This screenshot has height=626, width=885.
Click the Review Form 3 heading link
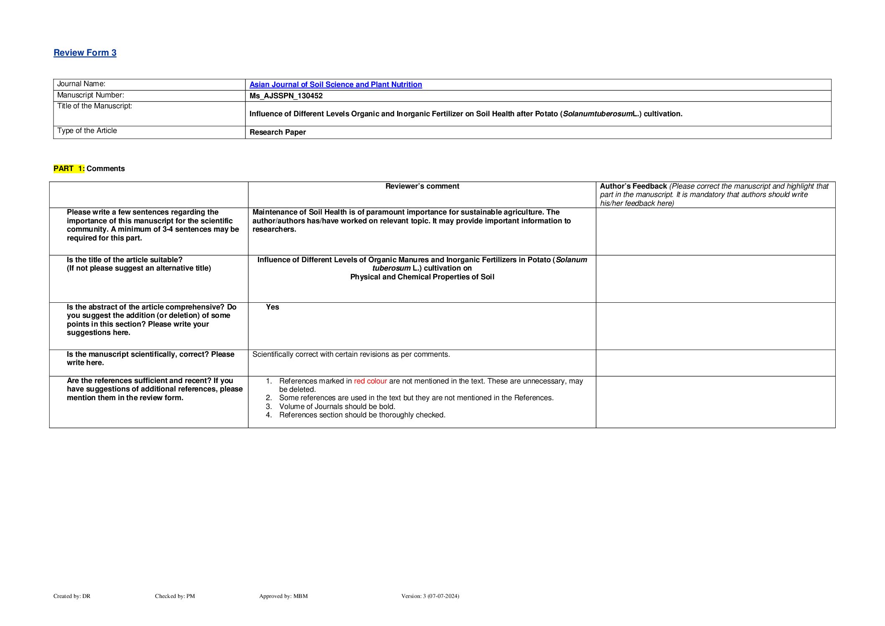[85, 53]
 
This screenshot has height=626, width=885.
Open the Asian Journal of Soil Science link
[335, 84]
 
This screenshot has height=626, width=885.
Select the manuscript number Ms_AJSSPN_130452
[286, 96]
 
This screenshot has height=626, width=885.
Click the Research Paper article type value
[278, 132]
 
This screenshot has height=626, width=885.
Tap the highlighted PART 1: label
[69, 169]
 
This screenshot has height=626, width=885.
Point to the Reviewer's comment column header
[422, 186]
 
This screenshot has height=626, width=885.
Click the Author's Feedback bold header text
[633, 186]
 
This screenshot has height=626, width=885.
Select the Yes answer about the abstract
[272, 307]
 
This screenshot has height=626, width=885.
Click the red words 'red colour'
[370, 381]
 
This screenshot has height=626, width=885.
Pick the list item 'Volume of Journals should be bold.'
[337, 406]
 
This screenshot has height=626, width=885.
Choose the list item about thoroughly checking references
[362, 415]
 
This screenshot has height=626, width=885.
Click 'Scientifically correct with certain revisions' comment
[351, 354]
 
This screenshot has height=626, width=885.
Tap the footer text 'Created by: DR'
[72, 596]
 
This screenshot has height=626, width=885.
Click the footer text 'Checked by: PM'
[175, 596]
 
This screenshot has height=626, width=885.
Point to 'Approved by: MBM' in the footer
[283, 596]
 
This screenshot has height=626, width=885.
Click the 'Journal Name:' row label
[81, 84]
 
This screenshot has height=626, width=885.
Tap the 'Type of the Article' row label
[87, 130]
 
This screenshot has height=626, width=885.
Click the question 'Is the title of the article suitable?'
[125, 260]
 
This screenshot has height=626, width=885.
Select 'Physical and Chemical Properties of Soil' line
[422, 277]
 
